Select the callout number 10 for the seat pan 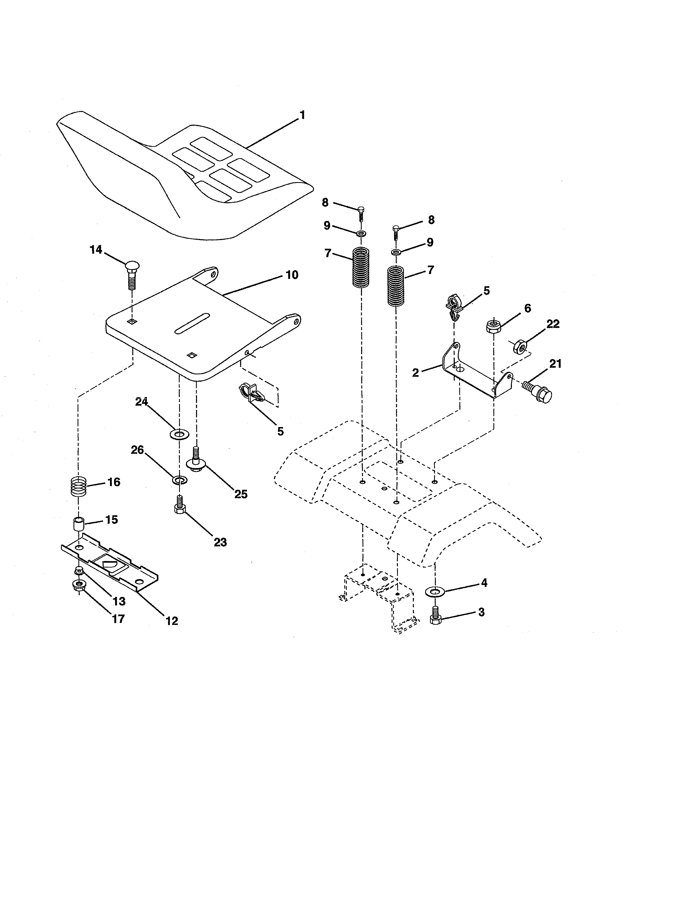(x=292, y=275)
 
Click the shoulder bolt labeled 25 (x=196, y=461)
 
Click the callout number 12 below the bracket (x=172, y=621)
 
